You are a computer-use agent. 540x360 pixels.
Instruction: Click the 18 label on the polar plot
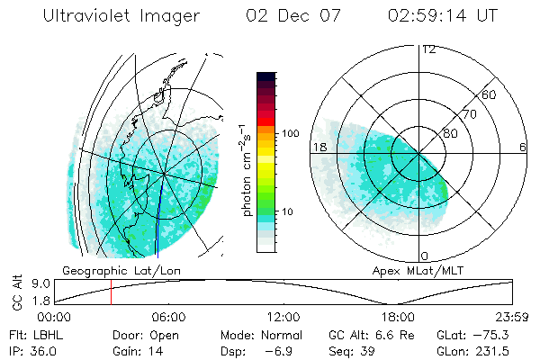(x=318, y=147)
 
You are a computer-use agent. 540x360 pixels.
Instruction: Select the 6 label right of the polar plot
(x=523, y=147)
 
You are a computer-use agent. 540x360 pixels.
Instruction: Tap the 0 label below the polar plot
(x=425, y=256)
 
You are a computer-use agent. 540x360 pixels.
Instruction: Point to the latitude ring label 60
(x=490, y=94)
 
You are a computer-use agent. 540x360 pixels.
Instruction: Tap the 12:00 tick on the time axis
(x=283, y=317)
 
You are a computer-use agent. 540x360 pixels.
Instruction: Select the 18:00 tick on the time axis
(x=398, y=317)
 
